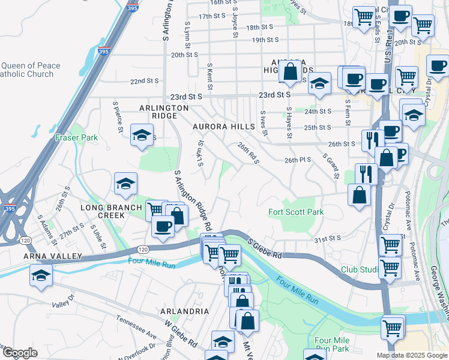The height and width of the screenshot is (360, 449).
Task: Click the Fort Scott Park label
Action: [296, 212]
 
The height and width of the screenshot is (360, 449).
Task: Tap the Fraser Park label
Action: [76, 137]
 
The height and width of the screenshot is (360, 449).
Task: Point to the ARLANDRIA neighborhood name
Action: [184, 311]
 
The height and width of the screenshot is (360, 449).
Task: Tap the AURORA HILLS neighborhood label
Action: [220, 127]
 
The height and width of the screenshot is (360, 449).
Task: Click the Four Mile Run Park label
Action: [331, 344]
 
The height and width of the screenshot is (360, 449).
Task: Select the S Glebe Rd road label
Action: [265, 248]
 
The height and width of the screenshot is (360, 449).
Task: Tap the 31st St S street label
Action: [328, 238]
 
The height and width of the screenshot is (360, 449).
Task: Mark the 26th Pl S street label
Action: [298, 160]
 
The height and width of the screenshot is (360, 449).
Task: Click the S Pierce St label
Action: [118, 116]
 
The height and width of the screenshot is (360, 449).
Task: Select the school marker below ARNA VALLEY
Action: [41, 275]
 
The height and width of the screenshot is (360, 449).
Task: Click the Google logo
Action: [20, 353]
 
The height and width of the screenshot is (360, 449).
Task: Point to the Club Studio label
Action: [360, 270]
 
